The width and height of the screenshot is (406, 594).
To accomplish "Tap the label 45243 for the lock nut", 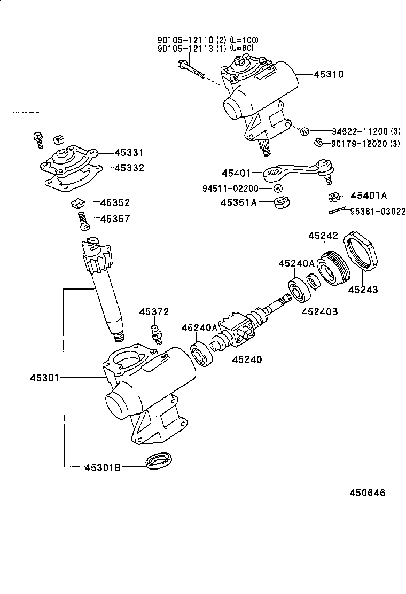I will click(363, 290).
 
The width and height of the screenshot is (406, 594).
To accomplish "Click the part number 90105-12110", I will click(185, 40).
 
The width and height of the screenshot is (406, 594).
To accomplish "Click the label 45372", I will click(154, 312).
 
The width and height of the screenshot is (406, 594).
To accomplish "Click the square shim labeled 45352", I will click(79, 203).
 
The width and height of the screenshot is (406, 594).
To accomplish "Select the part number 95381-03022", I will click(378, 212).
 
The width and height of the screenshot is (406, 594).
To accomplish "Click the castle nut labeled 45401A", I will click(334, 197).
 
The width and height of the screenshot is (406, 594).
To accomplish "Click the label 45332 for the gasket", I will click(128, 168).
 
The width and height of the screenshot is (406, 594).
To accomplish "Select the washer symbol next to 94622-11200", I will click(305, 131).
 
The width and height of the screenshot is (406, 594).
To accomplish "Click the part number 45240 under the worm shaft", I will click(247, 359).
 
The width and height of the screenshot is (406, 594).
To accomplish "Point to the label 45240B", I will click(319, 312).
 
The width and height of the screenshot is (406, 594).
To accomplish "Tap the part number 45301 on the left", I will click(45, 378).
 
